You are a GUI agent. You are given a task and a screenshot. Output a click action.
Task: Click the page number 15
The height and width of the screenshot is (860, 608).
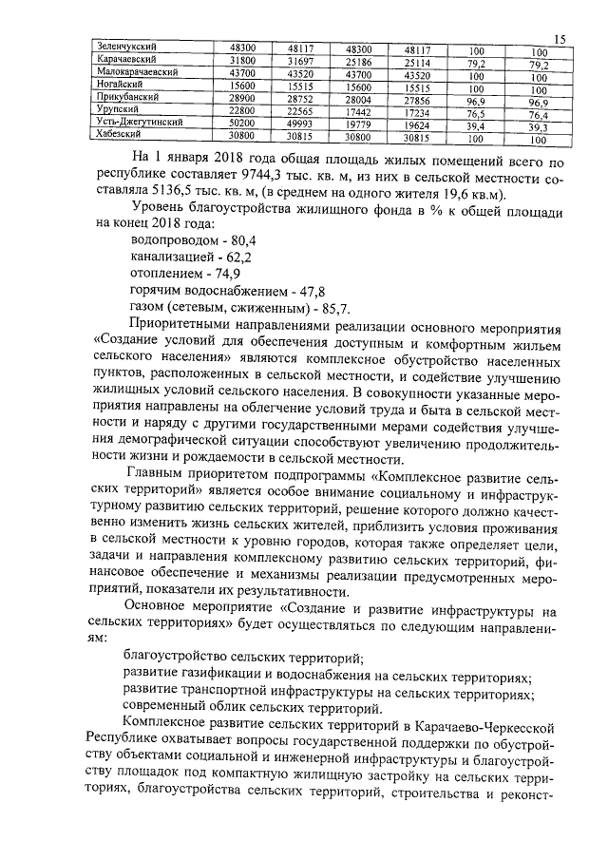(560, 38)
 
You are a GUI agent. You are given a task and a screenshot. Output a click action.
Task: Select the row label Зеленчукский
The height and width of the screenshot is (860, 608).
(130, 46)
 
